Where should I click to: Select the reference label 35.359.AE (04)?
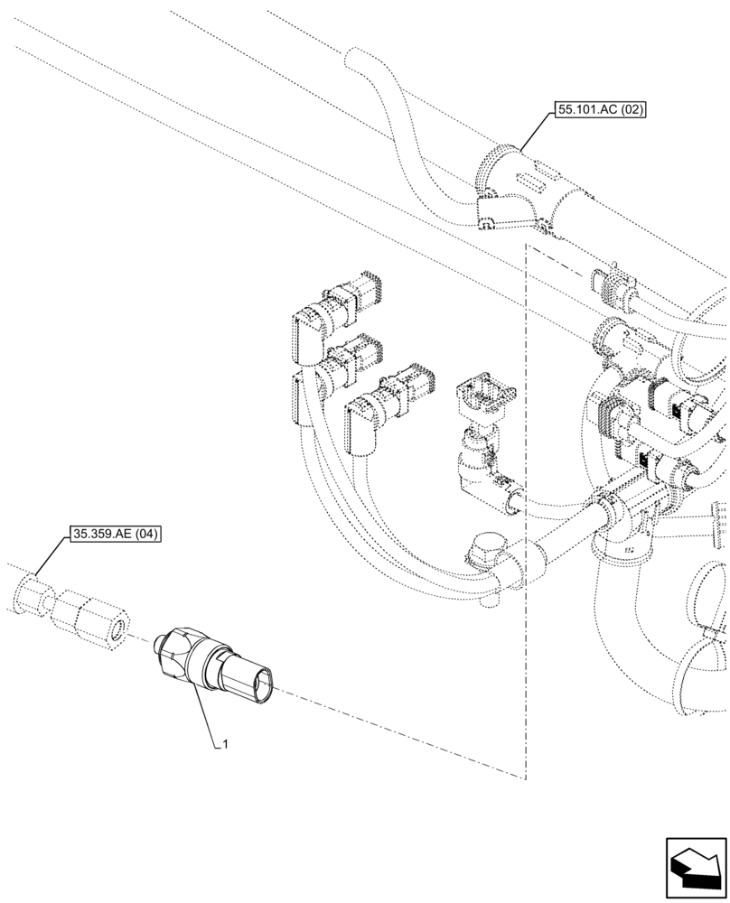114,534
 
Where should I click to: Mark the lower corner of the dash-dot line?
525,777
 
